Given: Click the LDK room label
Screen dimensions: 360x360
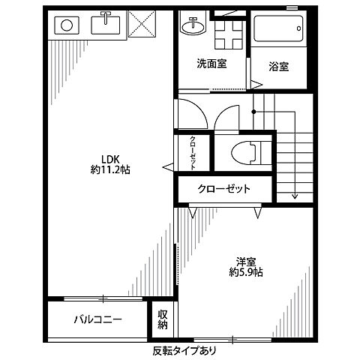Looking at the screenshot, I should (x=109, y=160).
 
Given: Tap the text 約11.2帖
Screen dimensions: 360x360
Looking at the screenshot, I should (x=109, y=170).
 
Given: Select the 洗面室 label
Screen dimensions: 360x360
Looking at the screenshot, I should (x=213, y=64).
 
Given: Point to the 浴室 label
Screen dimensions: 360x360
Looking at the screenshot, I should (x=279, y=66).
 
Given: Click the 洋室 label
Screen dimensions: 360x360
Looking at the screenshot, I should (x=247, y=262).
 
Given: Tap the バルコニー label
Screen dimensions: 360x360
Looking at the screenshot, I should (x=97, y=320).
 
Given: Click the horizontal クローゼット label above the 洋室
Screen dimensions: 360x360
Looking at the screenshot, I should (x=224, y=188).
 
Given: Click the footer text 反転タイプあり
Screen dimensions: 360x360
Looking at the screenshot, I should (x=181, y=349).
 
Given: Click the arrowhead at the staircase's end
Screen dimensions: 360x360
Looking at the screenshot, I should (x=295, y=197).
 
